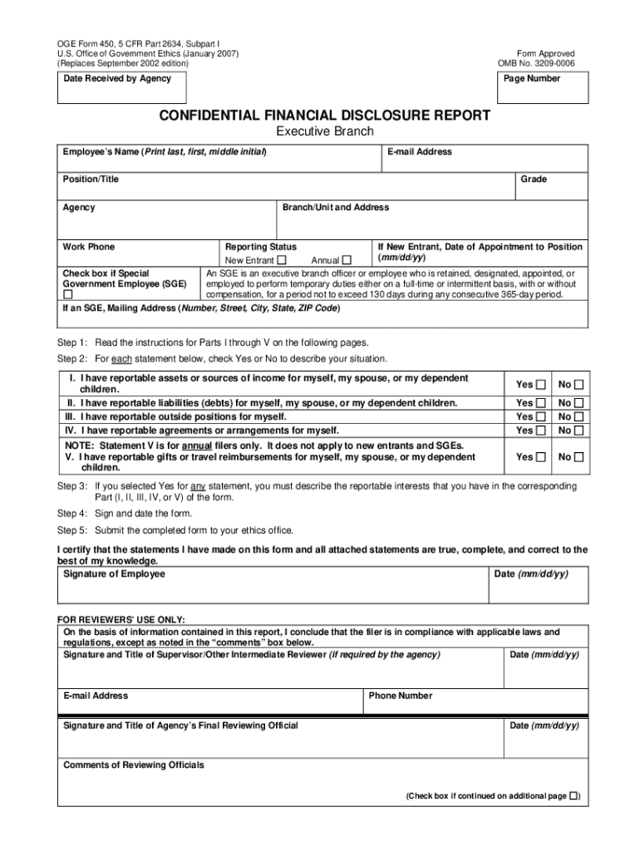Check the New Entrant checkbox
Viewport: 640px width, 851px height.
[281, 260]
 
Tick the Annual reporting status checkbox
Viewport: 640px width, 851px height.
[347, 260]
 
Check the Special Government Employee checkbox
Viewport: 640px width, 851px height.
[68, 294]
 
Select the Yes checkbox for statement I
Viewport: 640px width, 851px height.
[541, 384]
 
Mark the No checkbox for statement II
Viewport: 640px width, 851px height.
[578, 403]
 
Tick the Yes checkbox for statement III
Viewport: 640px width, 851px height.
[541, 416]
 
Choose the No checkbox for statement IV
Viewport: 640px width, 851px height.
[578, 430]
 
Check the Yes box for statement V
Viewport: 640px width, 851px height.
[541, 457]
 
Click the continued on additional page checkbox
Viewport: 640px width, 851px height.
[574, 795]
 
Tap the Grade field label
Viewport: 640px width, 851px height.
[534, 180]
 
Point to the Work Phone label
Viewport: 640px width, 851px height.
[89, 247]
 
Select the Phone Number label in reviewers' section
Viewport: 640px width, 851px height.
[401, 696]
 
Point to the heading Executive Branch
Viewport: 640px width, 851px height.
[324, 131]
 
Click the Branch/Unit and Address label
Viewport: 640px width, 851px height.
[336, 208]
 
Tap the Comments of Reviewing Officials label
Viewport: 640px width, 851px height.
[134, 765]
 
